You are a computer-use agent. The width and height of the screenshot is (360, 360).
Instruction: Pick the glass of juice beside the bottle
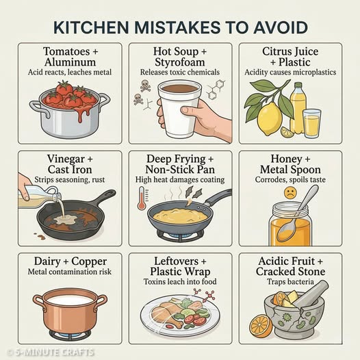(311, 123)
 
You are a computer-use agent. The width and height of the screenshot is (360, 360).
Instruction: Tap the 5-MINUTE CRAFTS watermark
(52, 352)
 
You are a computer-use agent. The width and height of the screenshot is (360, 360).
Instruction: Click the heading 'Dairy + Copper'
(69, 261)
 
